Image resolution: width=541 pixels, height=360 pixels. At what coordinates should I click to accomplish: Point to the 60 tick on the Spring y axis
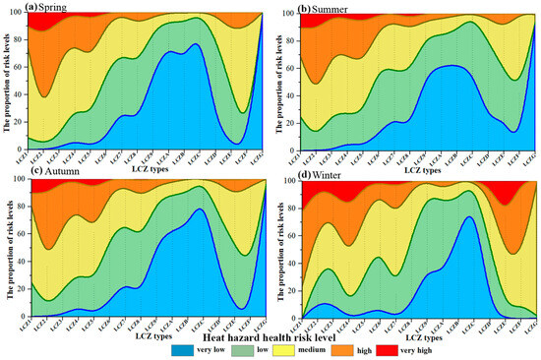pos(17,68)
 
